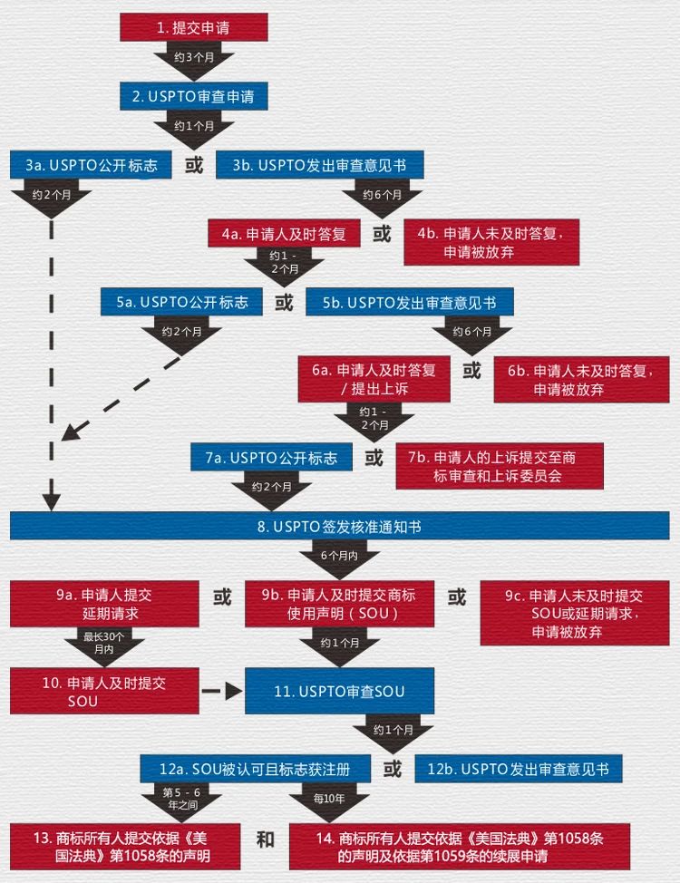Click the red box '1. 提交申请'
[x=193, y=28]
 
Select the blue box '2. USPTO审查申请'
[x=193, y=96]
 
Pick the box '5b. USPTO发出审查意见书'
[x=409, y=302]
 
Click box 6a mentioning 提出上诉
[x=374, y=379]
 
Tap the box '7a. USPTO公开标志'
[x=270, y=458]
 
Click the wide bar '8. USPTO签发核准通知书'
[x=340, y=526]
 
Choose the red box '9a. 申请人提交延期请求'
[x=104, y=605]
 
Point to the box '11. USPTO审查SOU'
[x=339, y=692]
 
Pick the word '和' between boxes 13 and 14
[x=265, y=839]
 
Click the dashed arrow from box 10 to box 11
[x=221, y=692]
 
